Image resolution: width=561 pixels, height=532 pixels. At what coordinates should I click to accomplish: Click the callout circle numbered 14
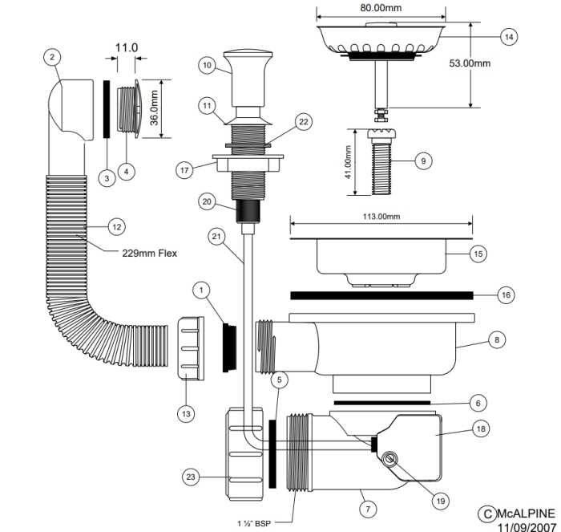(508, 37)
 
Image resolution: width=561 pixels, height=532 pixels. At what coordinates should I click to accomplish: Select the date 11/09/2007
(526, 526)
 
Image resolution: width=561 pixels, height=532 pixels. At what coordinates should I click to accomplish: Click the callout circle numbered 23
(191, 477)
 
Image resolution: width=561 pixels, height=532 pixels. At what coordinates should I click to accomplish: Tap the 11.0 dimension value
(126, 48)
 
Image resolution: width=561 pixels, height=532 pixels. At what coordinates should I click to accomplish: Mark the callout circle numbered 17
(186, 170)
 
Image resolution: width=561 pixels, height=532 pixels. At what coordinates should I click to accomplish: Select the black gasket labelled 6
(381, 400)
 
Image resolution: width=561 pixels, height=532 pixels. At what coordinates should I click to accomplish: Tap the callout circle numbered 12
(116, 227)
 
